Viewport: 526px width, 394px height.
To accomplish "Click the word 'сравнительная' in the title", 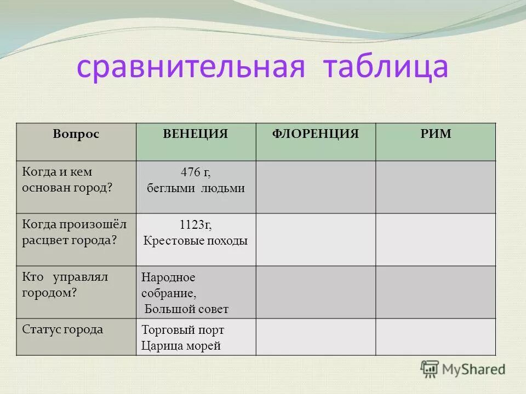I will click(190, 67).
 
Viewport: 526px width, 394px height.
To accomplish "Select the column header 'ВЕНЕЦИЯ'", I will click(196, 134).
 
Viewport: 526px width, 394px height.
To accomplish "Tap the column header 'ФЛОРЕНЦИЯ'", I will click(316, 134).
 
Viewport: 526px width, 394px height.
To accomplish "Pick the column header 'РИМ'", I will click(436, 134).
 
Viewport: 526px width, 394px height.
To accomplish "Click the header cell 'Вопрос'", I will click(76, 134).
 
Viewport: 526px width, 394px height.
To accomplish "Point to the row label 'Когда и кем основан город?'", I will click(67, 179).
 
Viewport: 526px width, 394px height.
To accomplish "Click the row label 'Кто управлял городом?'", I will click(65, 285).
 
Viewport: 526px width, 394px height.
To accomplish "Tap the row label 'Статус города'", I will click(62, 329).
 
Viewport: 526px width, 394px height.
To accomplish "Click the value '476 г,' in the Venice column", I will click(196, 172).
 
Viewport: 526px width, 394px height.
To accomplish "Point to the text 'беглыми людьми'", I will click(196, 188).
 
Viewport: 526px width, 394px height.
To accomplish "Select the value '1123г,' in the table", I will click(196, 225).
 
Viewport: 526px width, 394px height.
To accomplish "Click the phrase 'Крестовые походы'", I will click(196, 241).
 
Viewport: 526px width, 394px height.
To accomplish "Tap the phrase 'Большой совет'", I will click(186, 309).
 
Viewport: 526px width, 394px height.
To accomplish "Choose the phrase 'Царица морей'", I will click(181, 345).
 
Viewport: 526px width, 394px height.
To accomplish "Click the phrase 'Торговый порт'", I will click(183, 330).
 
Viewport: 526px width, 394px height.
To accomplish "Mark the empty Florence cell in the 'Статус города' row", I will click(316, 337).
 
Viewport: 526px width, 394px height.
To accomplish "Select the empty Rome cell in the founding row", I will click(436, 187).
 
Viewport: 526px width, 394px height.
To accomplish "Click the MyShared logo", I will click(462, 369).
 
